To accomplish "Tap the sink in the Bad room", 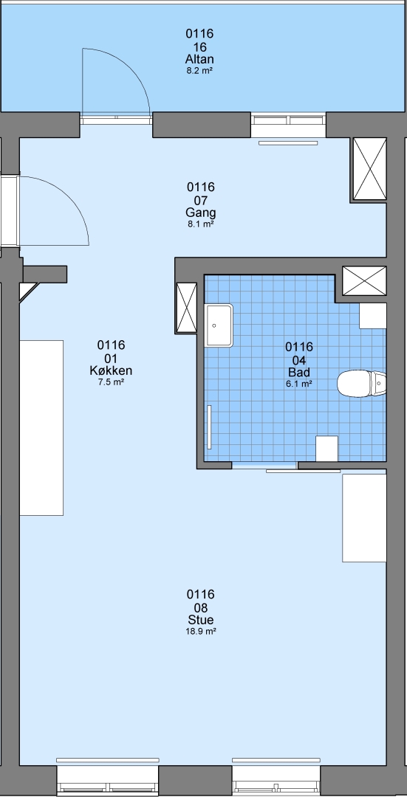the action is pos(219,325).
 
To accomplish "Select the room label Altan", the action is pos(199,60).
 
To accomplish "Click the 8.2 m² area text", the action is pos(199,71).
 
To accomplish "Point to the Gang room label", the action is pos(200,213).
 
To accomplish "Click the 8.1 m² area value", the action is pos(200,224).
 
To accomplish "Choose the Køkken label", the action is pos(111,370).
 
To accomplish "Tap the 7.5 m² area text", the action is pos(111,382).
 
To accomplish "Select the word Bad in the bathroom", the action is pos(299,372).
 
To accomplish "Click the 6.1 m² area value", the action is pos(299,384).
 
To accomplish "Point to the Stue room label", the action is pos(200,620).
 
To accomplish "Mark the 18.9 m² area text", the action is pos(200,632).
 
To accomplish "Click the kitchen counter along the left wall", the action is pos(41,428).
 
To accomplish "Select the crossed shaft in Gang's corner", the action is pos(370,169).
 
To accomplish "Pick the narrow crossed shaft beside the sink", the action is pos(186,307).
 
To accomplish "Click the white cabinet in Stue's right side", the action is pos(364,517).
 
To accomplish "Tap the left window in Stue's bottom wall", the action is pos(107,778).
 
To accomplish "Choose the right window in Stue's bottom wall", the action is pos(276,778).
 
